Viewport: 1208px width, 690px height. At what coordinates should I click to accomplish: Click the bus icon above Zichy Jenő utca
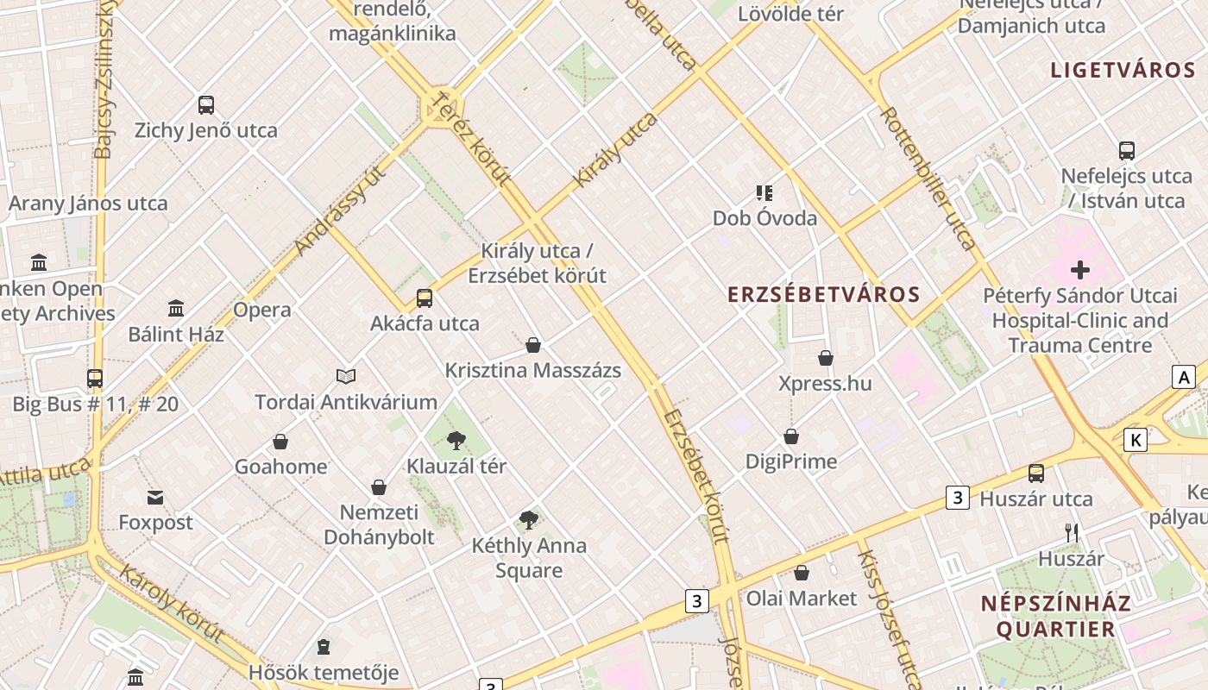[x=205, y=105]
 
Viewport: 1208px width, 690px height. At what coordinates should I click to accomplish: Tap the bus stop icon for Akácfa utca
[x=425, y=298]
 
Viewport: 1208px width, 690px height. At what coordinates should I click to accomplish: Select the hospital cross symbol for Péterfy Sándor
[x=1079, y=270]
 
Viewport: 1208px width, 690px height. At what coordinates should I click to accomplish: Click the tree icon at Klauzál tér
[x=456, y=442]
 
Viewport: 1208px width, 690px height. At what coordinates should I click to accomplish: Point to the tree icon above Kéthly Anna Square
[x=529, y=520]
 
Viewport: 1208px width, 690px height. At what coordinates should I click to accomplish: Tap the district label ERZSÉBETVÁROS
[x=823, y=295]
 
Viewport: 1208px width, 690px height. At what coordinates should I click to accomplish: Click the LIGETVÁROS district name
[x=1122, y=71]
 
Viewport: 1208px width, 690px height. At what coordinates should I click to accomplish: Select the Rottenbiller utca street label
[x=928, y=179]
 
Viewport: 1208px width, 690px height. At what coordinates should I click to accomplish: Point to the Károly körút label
[x=172, y=603]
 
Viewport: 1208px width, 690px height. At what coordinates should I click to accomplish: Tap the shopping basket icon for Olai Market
[x=802, y=573]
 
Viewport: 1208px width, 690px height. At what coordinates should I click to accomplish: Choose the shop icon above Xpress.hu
[x=826, y=358]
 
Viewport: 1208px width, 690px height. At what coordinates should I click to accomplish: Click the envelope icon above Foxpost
[x=155, y=498]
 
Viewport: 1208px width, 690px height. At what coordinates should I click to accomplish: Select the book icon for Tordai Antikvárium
[x=346, y=376]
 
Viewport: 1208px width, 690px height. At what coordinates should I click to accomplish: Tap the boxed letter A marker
[x=1184, y=377]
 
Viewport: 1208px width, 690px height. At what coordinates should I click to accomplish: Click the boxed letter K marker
[x=1136, y=440]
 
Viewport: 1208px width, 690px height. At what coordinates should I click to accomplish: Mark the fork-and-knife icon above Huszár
[x=1072, y=533]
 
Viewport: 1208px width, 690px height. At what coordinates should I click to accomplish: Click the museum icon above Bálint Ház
[x=176, y=308]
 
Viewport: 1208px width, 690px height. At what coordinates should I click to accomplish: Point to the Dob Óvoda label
[x=764, y=218]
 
